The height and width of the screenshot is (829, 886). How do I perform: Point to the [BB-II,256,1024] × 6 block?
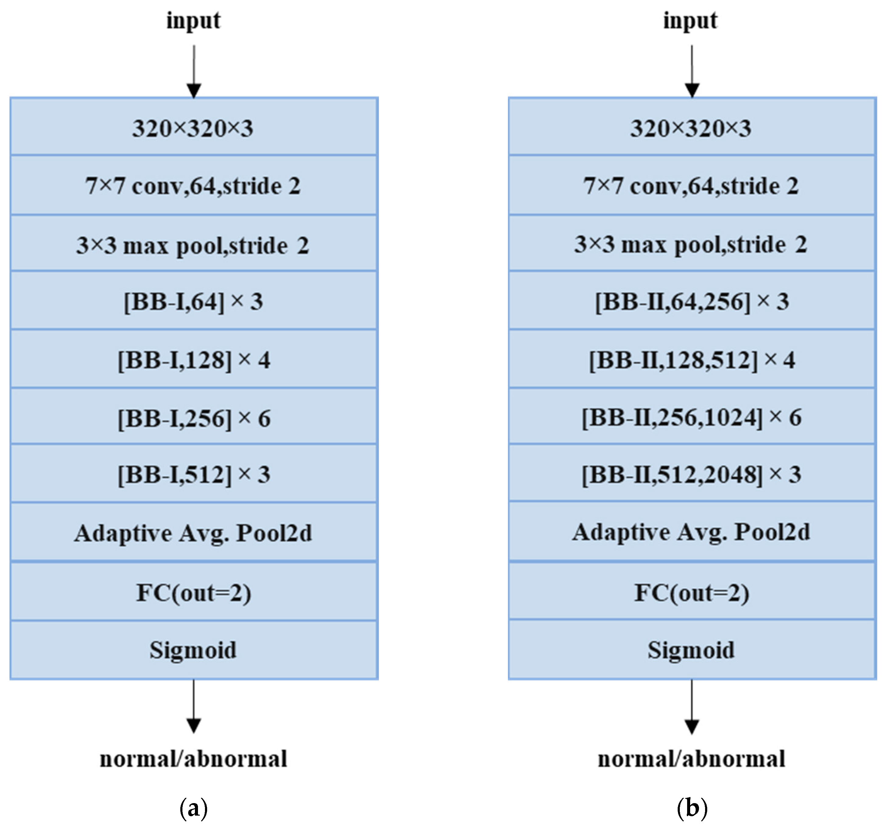click(692, 418)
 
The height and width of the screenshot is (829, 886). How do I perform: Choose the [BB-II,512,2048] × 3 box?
click(692, 474)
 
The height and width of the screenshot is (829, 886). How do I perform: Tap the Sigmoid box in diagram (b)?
click(692, 650)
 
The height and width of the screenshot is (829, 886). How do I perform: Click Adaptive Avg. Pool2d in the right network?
click(692, 532)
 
